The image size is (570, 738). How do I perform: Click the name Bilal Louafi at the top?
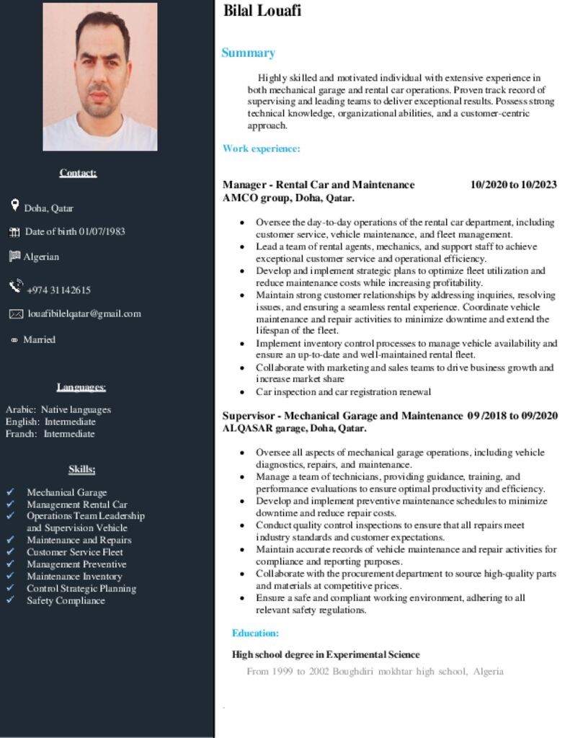pyautogui.click(x=262, y=10)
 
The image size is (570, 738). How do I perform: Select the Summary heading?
pyautogui.click(x=248, y=53)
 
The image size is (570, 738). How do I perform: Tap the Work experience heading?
pyautogui.click(x=261, y=148)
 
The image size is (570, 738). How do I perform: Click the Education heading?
pyautogui.click(x=255, y=633)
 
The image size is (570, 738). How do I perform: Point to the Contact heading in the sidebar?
pyautogui.click(x=78, y=172)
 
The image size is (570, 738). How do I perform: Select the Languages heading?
pyautogui.click(x=81, y=387)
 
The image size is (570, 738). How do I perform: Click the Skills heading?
pyautogui.click(x=82, y=469)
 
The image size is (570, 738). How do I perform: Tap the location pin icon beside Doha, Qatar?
pyautogui.click(x=15, y=206)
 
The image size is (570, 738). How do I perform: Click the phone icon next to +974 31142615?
pyautogui.click(x=16, y=287)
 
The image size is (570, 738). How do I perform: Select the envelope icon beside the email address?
pyautogui.click(x=16, y=314)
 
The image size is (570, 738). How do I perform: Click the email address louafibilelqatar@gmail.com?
pyautogui.click(x=84, y=314)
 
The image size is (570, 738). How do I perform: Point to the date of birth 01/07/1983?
pyautogui.click(x=75, y=231)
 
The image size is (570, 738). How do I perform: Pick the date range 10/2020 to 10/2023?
pyautogui.click(x=513, y=184)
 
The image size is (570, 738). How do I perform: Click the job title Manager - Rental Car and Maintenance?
pyautogui.click(x=319, y=184)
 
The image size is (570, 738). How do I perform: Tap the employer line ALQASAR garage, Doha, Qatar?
pyautogui.click(x=294, y=428)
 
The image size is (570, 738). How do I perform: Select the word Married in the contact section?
pyautogui.click(x=39, y=339)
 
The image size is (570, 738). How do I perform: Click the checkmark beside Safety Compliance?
pyautogui.click(x=11, y=600)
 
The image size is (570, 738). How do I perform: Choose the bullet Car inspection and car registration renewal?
pyautogui.click(x=343, y=392)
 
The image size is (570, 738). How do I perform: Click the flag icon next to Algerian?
pyautogui.click(x=14, y=256)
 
